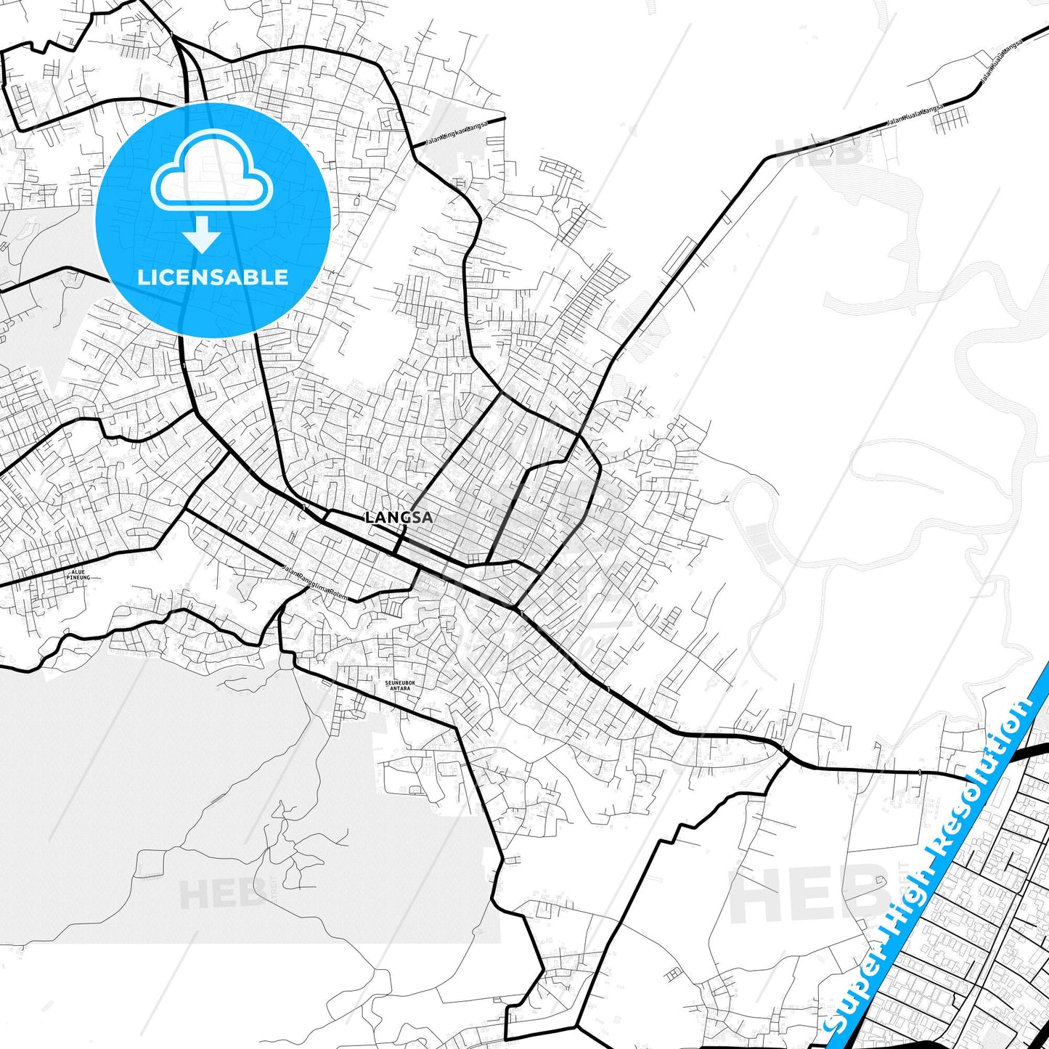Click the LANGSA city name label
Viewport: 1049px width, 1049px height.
(399, 518)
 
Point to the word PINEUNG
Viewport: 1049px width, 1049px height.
(78, 578)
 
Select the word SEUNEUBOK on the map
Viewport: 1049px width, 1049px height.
(399, 683)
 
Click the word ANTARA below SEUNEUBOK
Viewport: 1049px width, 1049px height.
(399, 689)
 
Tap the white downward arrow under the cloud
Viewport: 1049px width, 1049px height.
(203, 235)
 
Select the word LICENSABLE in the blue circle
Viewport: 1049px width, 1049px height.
(213, 277)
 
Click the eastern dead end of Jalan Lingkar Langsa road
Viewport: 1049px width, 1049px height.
(504, 117)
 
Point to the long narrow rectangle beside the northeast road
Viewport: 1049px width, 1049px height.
(679, 256)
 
